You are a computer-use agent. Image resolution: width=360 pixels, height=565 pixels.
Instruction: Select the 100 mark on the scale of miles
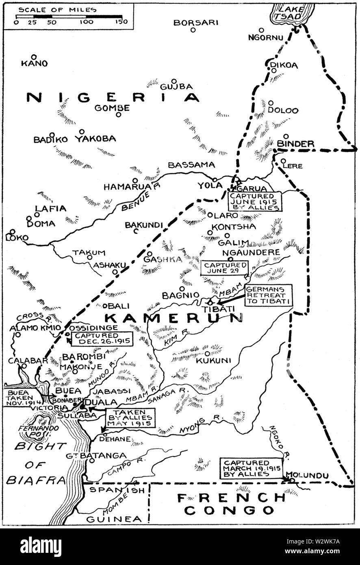click(x=86, y=22)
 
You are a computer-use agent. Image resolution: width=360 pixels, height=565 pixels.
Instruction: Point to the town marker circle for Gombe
click(x=118, y=115)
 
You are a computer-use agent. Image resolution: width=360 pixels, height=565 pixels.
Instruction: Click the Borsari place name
click(x=195, y=22)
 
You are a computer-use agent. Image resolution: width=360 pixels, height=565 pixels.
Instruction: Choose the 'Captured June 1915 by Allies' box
click(x=255, y=201)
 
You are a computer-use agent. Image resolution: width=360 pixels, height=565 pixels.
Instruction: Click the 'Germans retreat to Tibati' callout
click(x=268, y=295)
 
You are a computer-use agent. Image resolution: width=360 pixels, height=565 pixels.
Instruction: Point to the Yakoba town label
click(x=95, y=139)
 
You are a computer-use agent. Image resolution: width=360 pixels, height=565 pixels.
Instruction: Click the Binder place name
click(x=295, y=143)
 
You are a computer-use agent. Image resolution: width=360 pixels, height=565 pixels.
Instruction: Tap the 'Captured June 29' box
click(x=224, y=267)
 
